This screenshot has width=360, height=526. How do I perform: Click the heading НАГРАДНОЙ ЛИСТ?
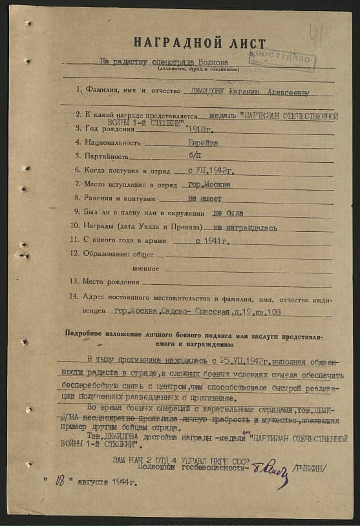point(200,43)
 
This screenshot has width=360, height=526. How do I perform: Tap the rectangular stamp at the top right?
point(283,59)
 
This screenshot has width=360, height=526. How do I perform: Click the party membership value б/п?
point(195,156)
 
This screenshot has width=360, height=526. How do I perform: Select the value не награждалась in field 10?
point(245,227)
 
